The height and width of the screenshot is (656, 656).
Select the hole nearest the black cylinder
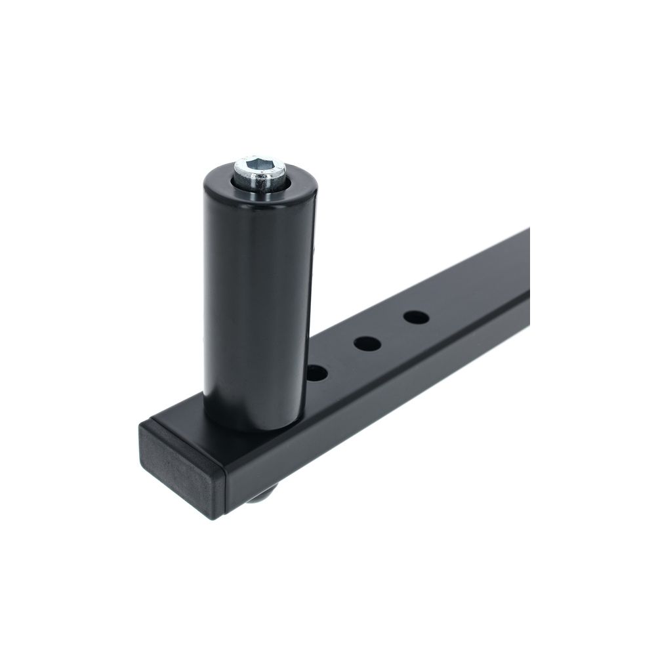pyautogui.click(x=317, y=373)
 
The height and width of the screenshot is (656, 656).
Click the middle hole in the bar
pyautogui.click(x=367, y=342)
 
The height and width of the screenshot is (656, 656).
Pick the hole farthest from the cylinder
pyautogui.click(x=416, y=318)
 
